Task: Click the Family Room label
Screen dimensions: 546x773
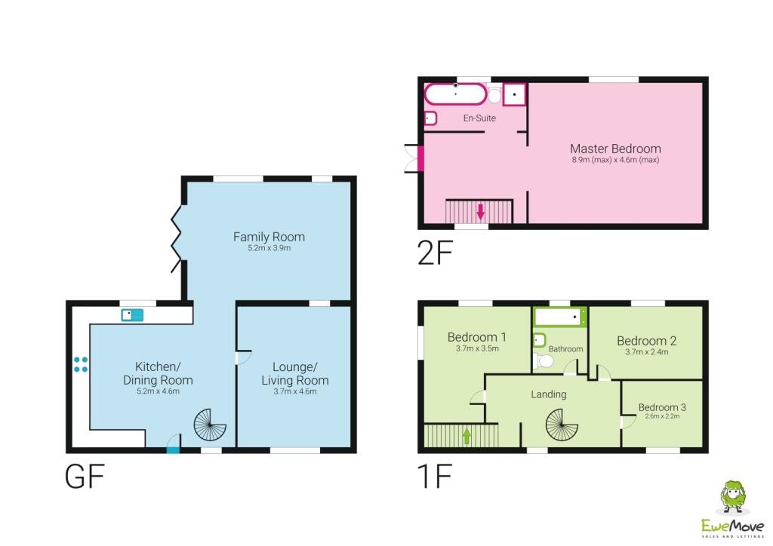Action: coord(269,237)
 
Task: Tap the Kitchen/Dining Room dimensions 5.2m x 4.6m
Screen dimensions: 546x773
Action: coord(158,391)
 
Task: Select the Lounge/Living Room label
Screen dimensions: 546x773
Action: coord(295,373)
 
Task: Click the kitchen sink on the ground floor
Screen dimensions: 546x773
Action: coord(132,314)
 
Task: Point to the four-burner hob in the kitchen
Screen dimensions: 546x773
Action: coord(81,364)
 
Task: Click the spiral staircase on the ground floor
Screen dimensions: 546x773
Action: coord(210,425)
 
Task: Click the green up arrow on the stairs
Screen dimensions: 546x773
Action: coord(467,434)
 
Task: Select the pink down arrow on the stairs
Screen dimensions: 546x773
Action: coord(480,210)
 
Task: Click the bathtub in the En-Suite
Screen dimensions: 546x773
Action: coord(456,94)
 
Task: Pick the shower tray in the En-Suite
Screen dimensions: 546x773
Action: coord(515,94)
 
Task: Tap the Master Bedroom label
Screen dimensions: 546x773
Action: coord(615,149)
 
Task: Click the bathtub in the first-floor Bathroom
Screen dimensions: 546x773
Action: coord(560,317)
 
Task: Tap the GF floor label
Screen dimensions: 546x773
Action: coord(84,477)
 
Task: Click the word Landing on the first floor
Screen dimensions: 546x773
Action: coord(548,394)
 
